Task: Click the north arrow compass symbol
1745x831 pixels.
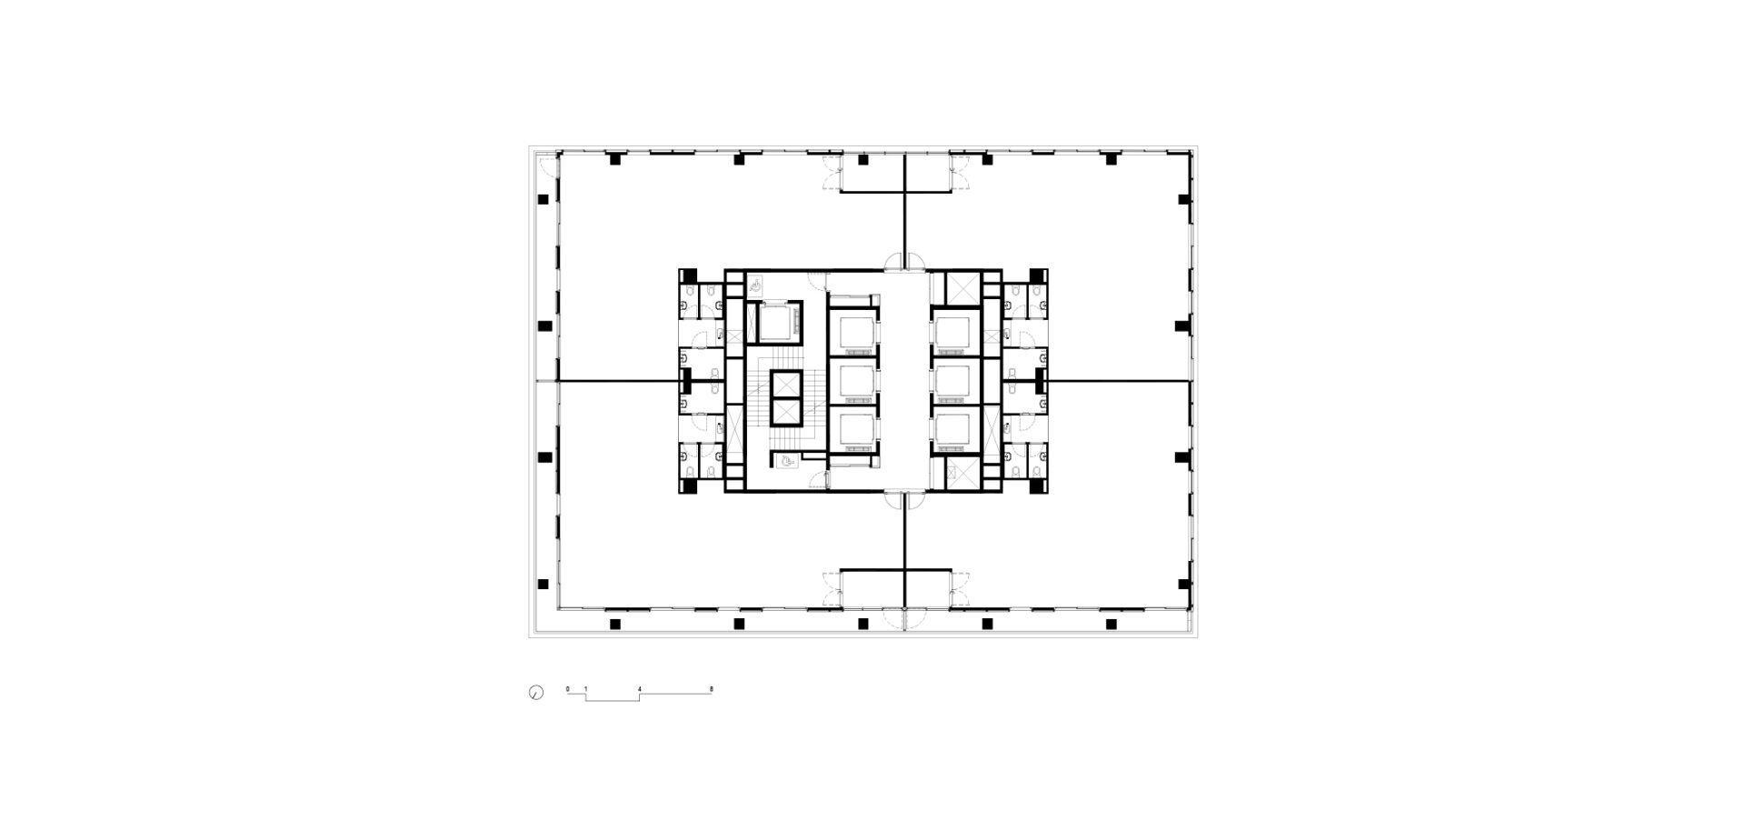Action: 535,693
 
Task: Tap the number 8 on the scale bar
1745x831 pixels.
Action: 712,689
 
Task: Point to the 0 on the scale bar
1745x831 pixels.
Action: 568,689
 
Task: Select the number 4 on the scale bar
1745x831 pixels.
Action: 640,689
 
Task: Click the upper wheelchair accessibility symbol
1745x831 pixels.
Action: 756,285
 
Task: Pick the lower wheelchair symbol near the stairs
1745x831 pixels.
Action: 787,462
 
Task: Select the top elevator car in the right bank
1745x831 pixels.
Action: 955,332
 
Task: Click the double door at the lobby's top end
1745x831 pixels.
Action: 905,262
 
